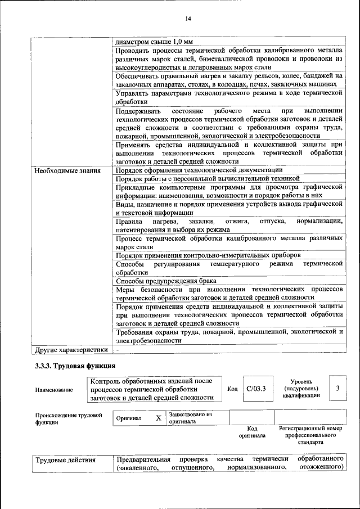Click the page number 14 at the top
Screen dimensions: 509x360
tap(188, 19)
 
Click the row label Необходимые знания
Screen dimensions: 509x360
tap(67, 170)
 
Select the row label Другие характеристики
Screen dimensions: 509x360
tap(71, 349)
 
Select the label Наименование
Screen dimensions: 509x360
tap(53, 389)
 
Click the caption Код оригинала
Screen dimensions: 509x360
tap(251, 432)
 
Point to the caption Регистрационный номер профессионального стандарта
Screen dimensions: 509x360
tap(310, 435)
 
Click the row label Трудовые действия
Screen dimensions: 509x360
tap(65, 461)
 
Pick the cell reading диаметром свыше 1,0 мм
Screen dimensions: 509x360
tap(154, 42)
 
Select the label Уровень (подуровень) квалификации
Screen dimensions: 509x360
tap(301, 388)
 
